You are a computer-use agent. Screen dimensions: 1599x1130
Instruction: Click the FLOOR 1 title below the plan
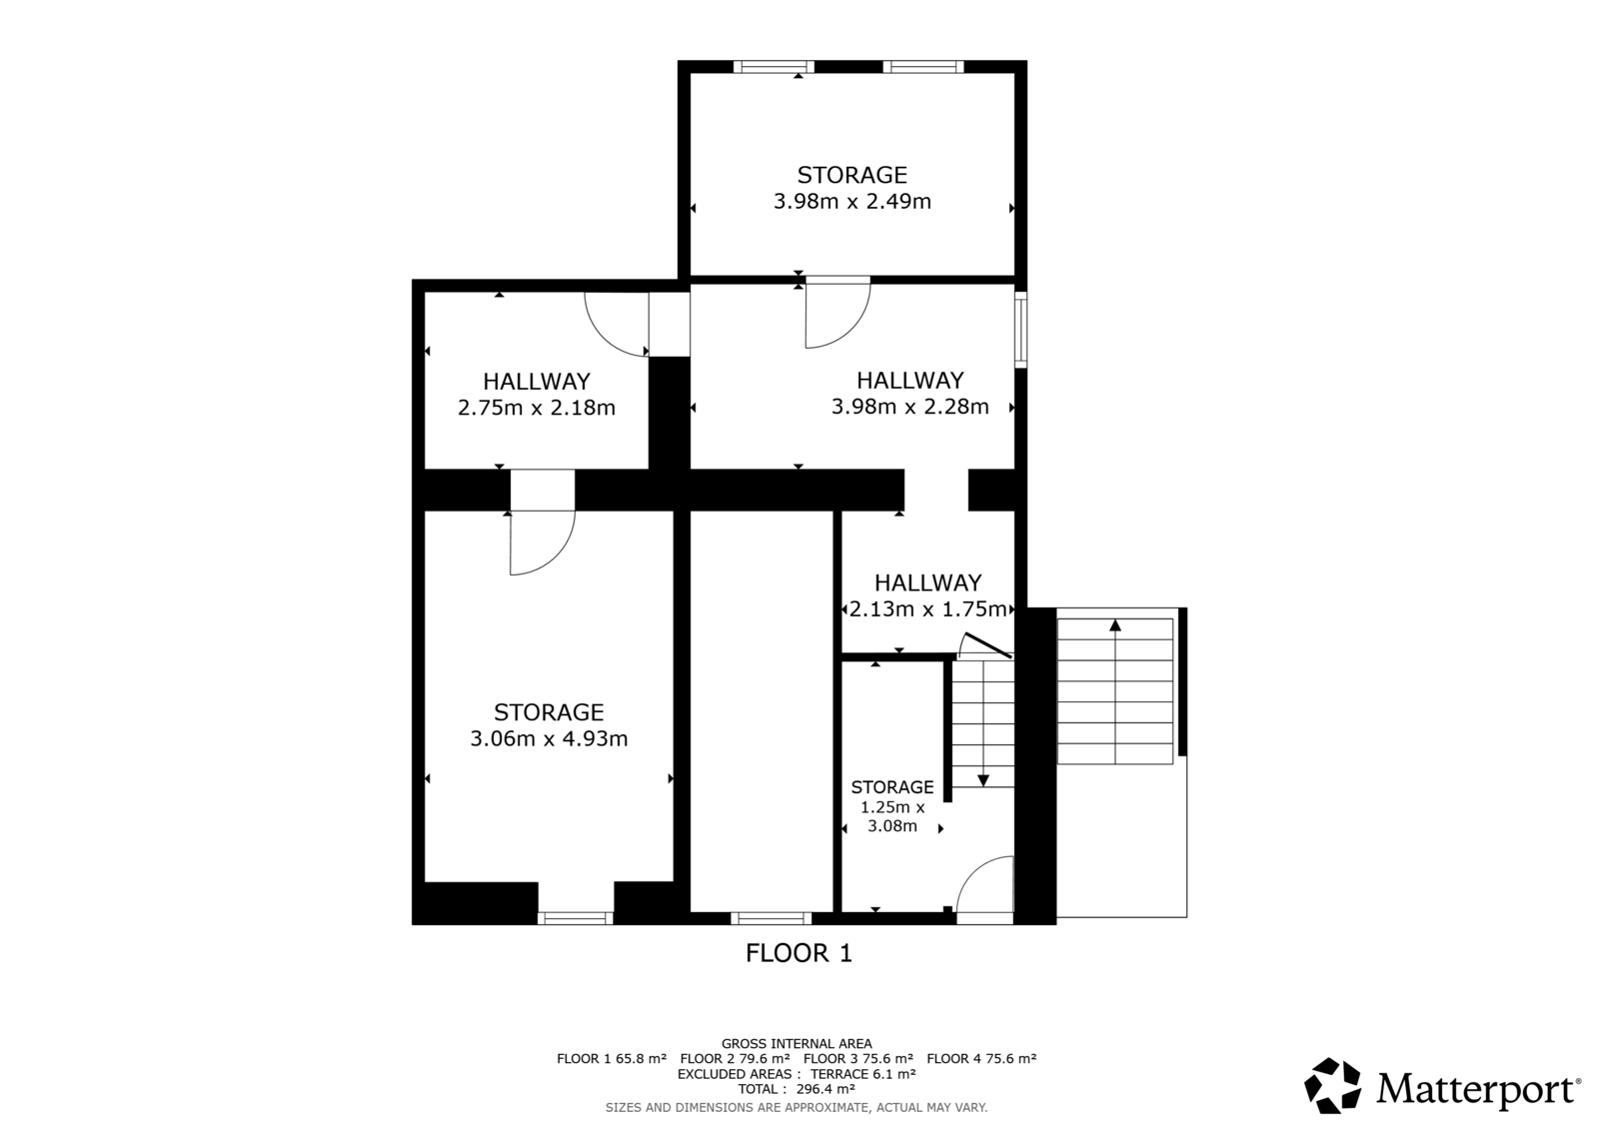(799, 953)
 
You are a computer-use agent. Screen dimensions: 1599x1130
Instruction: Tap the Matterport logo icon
(1333, 1086)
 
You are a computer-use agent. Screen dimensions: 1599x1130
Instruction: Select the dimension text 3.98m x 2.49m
(852, 201)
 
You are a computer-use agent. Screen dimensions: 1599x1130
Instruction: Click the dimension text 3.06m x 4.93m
(549, 738)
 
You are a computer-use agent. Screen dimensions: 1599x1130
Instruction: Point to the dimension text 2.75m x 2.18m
(537, 408)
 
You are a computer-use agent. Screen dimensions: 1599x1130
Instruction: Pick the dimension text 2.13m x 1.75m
(928, 608)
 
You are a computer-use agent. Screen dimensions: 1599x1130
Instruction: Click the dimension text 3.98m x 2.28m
(910, 407)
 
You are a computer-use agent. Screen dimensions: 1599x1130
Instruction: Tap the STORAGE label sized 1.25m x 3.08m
(892, 786)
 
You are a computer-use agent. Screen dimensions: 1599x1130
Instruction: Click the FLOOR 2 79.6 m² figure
(736, 1059)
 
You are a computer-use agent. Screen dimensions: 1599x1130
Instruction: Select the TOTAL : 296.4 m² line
(797, 1089)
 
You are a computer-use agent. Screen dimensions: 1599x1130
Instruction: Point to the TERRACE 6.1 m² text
(863, 1074)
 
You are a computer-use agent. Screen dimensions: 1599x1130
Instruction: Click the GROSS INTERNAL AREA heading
(797, 1044)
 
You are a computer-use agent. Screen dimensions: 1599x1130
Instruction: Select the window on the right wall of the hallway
(1020, 329)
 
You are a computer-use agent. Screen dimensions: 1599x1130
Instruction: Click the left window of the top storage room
(774, 66)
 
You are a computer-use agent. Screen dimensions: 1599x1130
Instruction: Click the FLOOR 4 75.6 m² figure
(981, 1059)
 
